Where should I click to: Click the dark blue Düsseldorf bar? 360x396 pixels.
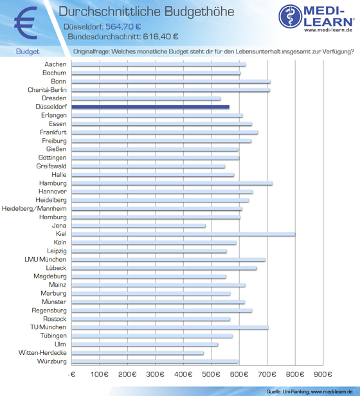pyautogui.click(x=150, y=107)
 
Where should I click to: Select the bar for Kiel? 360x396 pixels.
pyautogui.click(x=183, y=234)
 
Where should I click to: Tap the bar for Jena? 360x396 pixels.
pyautogui.click(x=138, y=226)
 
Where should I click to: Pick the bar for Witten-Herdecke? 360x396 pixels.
pyautogui.click(x=138, y=353)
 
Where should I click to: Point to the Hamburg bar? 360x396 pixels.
pyautogui.click(x=172, y=183)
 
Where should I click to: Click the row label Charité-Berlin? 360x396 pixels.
pyautogui.click(x=47, y=90)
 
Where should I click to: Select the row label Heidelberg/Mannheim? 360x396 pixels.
pyautogui.click(x=34, y=208)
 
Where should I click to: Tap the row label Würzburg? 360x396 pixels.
pyautogui.click(x=52, y=361)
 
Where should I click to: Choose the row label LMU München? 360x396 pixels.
pyautogui.click(x=45, y=259)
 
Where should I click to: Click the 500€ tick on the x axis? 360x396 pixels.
pyautogui.click(x=212, y=374)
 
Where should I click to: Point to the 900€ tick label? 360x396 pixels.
pyautogui.click(x=323, y=374)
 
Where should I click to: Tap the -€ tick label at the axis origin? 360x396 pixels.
pyautogui.click(x=72, y=374)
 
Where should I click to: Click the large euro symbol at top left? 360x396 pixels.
pyautogui.click(x=26, y=23)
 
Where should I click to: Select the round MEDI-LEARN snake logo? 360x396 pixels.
pyautogui.click(x=291, y=16)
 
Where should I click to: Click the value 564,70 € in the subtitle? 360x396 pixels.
pyautogui.click(x=123, y=26)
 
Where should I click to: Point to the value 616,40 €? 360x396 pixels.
pyautogui.click(x=161, y=37)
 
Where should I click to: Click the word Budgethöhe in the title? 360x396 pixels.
pyautogui.click(x=199, y=12)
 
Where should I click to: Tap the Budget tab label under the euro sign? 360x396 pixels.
pyautogui.click(x=28, y=51)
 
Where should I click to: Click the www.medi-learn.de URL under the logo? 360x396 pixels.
pyautogui.click(x=328, y=30)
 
